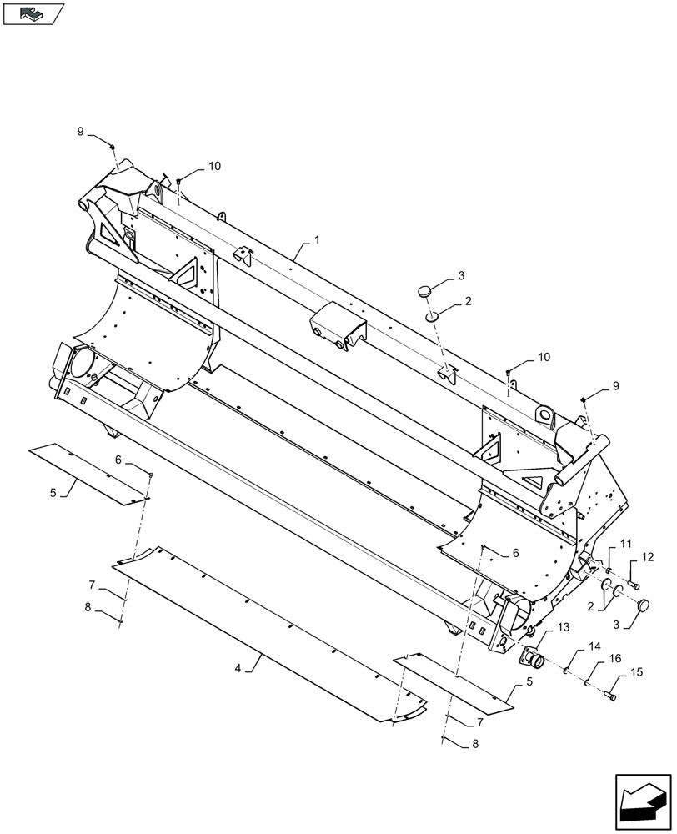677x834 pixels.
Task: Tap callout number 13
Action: [x=540, y=627]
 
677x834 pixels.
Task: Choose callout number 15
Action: [x=636, y=672]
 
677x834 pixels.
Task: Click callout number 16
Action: [x=616, y=658]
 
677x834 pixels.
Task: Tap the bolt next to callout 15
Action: [x=613, y=695]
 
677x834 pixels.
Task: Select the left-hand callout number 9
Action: [x=81, y=132]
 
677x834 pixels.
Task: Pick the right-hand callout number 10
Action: [x=544, y=357]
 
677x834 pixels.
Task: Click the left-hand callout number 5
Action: [x=53, y=493]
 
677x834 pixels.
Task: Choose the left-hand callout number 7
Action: [x=92, y=585]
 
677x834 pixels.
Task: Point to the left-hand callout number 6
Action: [x=118, y=460]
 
